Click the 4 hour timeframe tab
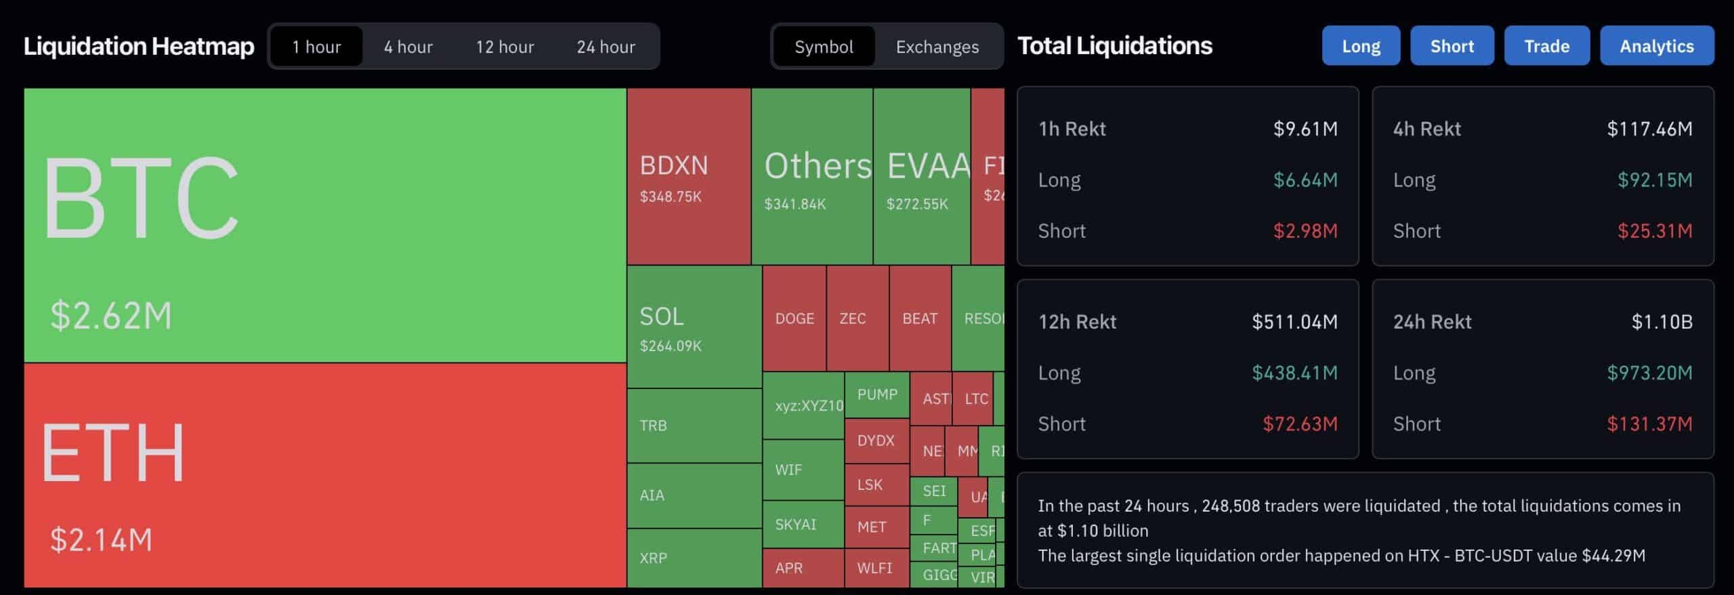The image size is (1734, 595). click(x=408, y=47)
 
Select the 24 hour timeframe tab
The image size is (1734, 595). click(x=606, y=47)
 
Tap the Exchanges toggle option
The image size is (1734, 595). click(x=937, y=47)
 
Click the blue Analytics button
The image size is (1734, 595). click(x=1656, y=46)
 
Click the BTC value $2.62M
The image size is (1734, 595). click(x=111, y=316)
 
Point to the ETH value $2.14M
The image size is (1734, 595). click(x=102, y=540)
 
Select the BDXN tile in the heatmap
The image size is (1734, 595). click(x=688, y=176)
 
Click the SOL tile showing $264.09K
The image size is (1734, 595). click(x=694, y=327)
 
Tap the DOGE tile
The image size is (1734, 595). click(x=794, y=319)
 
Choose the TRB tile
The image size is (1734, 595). click(x=694, y=426)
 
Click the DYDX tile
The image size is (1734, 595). click(x=876, y=440)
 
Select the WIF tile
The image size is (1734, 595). click(x=803, y=470)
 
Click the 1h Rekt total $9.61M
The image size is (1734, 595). click(x=1305, y=129)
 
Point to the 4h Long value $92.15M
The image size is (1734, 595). click(x=1654, y=180)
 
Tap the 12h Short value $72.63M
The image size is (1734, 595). click(x=1300, y=424)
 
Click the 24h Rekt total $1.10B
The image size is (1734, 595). click(x=1662, y=322)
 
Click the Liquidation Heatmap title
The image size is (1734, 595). click(x=139, y=46)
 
